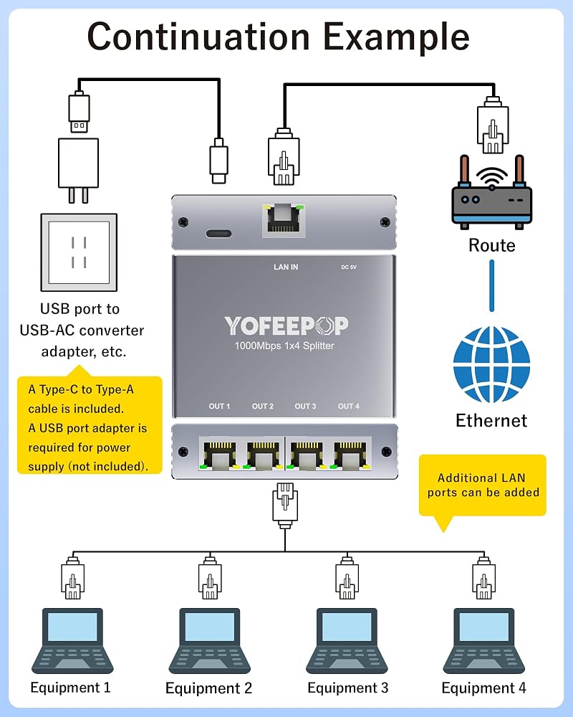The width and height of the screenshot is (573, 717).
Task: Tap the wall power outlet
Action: point(79,252)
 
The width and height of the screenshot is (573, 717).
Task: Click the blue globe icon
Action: point(491,364)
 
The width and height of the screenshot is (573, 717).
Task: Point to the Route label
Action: point(491,245)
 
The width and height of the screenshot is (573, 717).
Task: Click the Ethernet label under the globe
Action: point(491,420)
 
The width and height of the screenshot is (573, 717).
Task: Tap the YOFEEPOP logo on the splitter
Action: point(286,326)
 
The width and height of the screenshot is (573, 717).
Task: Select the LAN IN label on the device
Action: point(286,267)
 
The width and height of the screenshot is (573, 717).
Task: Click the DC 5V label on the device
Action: point(349,267)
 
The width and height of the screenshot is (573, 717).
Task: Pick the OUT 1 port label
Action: point(219,406)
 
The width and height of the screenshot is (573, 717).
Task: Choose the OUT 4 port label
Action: point(349,406)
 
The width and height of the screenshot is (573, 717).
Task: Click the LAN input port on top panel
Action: point(284,220)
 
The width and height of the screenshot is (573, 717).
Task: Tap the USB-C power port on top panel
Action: point(219,234)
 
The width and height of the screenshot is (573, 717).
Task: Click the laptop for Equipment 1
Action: point(72,640)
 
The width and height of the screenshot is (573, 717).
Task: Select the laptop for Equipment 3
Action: point(347,640)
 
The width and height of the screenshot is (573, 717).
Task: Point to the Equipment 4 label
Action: point(483,688)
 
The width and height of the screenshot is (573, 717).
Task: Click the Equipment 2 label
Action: point(208,688)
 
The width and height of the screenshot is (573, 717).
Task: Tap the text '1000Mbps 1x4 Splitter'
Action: point(284,346)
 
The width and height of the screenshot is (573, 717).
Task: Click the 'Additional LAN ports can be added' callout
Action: point(483,485)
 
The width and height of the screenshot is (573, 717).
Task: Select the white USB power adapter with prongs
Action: point(79,170)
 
